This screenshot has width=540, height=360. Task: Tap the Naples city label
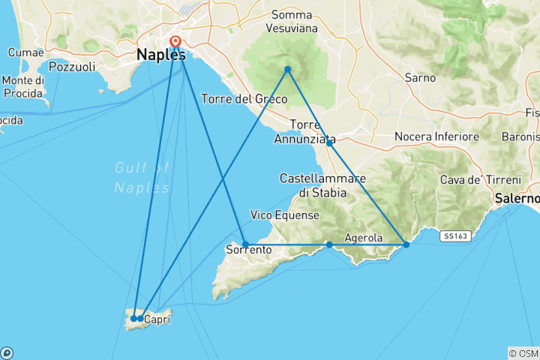160,55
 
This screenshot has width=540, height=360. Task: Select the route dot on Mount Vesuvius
287,70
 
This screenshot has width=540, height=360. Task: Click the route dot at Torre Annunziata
329,142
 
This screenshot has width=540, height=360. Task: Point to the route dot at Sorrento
245,244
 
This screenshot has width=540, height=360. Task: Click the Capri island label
156,320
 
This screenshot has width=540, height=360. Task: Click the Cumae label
25,52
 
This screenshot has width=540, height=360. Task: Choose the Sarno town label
420,77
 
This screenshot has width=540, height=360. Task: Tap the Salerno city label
517,199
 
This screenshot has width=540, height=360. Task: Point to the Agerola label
364,238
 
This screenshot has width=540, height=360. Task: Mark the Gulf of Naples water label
142,178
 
